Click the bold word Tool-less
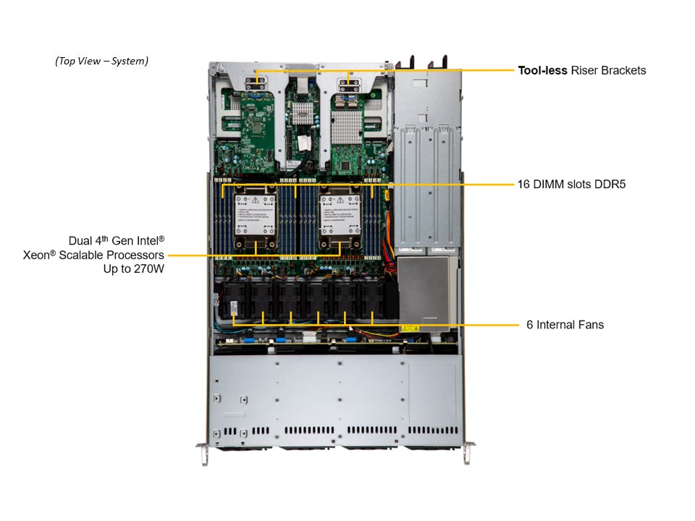[x=542, y=71]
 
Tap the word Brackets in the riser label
[x=622, y=71]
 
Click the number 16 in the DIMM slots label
[x=524, y=185]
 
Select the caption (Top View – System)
[x=101, y=61]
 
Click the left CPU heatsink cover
[x=256, y=214]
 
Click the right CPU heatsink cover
[x=340, y=214]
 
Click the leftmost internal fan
[x=235, y=300]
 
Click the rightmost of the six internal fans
[x=372, y=300]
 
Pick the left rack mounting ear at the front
[x=203, y=452]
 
